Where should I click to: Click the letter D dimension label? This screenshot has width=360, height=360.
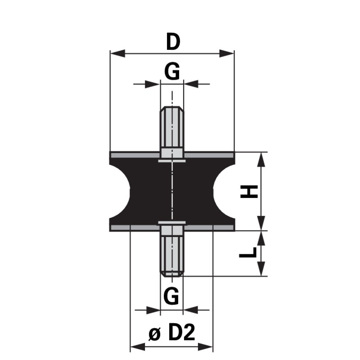173,41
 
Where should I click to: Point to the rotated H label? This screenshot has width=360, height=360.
249,192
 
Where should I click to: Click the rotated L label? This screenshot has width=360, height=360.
248,252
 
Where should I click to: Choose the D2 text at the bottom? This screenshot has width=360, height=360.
182,333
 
